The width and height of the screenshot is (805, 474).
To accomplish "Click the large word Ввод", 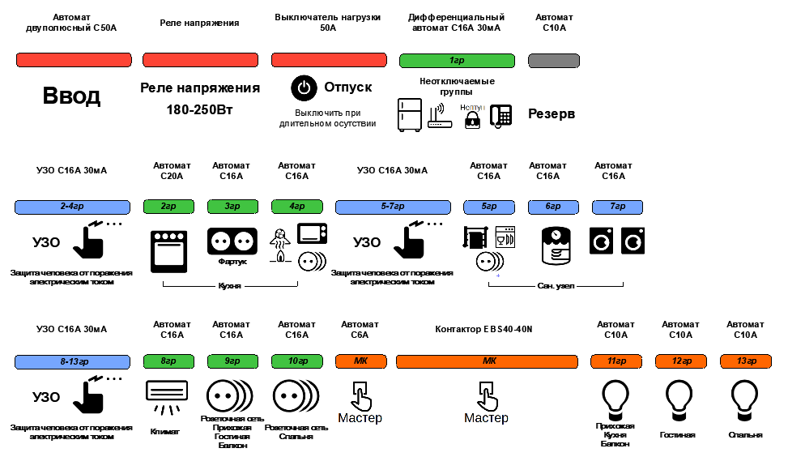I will coord(71,96).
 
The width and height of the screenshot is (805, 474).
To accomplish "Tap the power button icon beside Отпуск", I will coord(303,88).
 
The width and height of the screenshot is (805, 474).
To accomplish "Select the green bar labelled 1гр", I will coord(457,61).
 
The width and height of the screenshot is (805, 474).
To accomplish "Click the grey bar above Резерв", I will coord(553,61).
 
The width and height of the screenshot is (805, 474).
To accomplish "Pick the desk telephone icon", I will coord(500,116).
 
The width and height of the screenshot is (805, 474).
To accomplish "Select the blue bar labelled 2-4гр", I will coord(73,207).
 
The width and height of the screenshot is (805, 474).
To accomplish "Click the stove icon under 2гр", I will coord(168,250).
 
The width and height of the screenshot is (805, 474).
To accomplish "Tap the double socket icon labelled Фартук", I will coord(232,241).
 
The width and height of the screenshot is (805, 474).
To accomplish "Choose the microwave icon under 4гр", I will coord(312,234).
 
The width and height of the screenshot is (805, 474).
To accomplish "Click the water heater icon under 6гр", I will coord(556,246).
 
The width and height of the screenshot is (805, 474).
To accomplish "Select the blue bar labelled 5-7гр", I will coord(393,207).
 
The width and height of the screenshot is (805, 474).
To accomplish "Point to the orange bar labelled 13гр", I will coord(745,361).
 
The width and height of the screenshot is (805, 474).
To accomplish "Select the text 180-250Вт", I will coord(200,109).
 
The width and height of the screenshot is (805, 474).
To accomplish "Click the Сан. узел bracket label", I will coord(556,286).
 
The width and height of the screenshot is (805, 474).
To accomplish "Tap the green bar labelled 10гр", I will coord(296,361).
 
